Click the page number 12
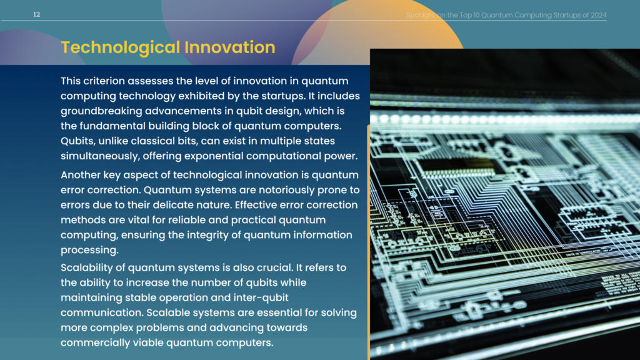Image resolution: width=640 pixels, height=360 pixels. click(x=37, y=15)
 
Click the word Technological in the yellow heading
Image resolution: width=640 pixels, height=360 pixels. click(x=121, y=47)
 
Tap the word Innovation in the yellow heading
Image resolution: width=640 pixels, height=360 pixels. click(x=230, y=47)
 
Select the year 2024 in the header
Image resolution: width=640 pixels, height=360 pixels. click(x=598, y=15)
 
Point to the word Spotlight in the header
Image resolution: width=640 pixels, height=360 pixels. click(x=421, y=16)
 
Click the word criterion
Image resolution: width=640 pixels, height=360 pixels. click(x=104, y=81)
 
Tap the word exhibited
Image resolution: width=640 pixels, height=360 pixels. click(x=202, y=96)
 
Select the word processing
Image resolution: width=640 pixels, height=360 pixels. click(x=89, y=250)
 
